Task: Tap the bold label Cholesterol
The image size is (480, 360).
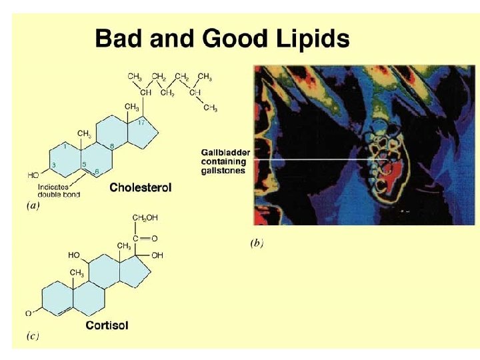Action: [140, 187]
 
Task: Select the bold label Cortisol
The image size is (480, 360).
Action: [107, 325]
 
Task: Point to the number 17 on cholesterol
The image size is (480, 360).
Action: [141, 122]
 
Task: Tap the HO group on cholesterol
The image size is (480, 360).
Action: [33, 175]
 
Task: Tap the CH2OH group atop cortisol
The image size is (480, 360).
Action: [145, 218]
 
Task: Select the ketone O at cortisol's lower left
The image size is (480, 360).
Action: [28, 313]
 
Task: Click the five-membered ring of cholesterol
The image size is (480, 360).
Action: [147, 137]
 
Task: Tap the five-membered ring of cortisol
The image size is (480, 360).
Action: [143, 271]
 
